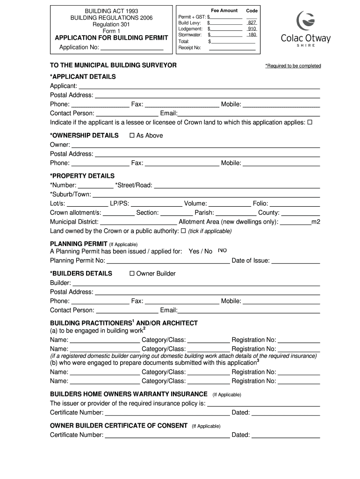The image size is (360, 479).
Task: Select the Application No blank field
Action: coord(132,47)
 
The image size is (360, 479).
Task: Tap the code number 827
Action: coord(252,22)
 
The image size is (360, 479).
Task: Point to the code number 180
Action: coord(252,35)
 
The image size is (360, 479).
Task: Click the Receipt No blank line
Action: coord(232,47)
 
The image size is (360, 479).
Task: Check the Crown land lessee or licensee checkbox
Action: coord(310,122)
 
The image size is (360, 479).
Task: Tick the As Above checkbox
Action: coord(132,135)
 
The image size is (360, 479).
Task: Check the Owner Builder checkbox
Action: coord(132,273)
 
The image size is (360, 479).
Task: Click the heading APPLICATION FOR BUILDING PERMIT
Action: coord(112,38)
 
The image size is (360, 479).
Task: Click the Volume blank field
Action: coord(229,203)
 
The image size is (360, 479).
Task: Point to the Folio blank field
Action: coord(295,203)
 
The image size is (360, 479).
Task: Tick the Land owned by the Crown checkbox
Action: coord(183,231)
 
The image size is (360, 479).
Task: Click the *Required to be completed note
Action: coord(293,66)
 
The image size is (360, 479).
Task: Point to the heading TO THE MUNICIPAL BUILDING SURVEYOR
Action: coord(113,65)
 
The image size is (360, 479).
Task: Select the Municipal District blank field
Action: coord(138,222)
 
